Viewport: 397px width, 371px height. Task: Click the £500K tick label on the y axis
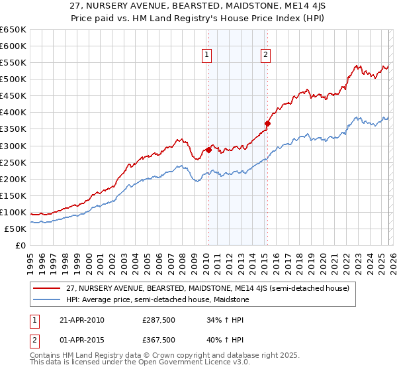tap(13, 79)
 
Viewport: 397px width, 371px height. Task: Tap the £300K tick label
tap(13, 146)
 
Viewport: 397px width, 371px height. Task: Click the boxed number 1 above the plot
tap(208, 56)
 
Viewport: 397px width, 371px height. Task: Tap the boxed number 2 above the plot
tap(265, 56)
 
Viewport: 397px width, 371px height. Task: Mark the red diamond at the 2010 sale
tap(208, 150)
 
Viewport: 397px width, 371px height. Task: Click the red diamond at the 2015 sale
tap(267, 123)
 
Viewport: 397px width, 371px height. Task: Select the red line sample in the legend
tap(47, 288)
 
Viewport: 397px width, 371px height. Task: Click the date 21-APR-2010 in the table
tap(82, 320)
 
